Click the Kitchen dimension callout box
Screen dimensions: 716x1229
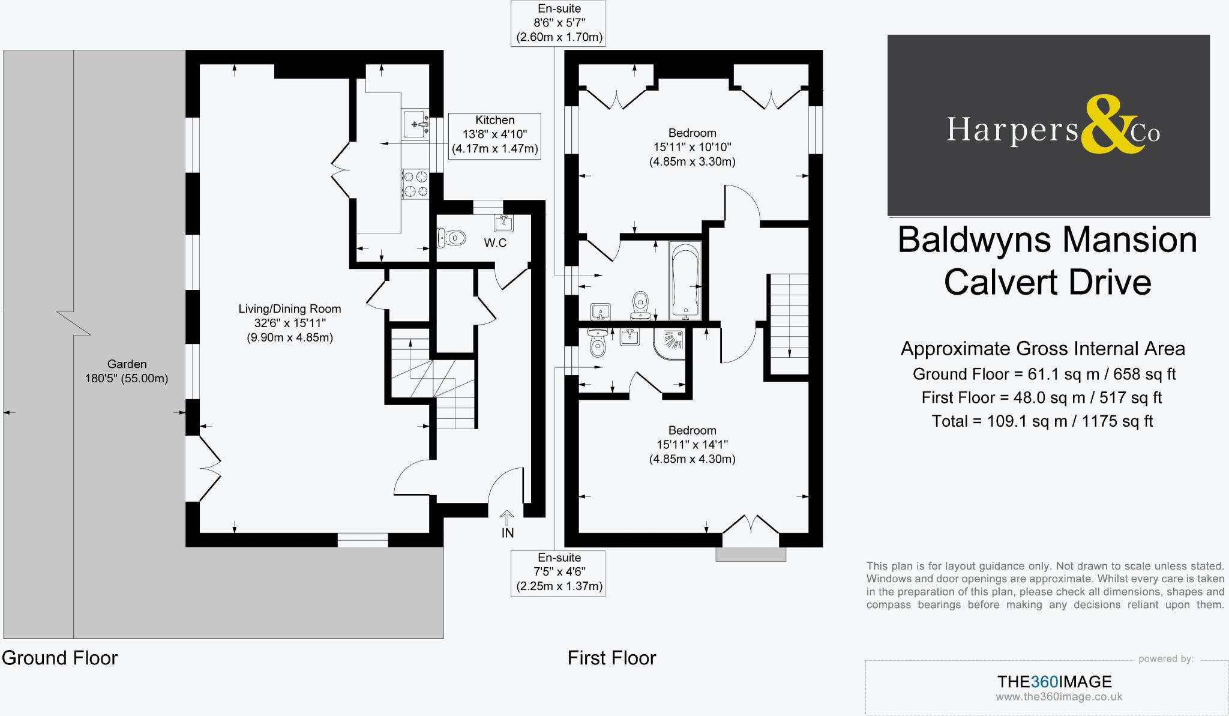(x=494, y=135)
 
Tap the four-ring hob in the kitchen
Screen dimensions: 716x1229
(x=415, y=184)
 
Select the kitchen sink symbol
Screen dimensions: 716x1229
(x=415, y=124)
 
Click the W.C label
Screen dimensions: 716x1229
(x=495, y=243)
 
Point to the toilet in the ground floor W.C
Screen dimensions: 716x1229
(x=451, y=238)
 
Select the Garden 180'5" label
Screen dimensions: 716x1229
(x=127, y=371)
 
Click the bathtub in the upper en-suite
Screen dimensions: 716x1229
(x=685, y=280)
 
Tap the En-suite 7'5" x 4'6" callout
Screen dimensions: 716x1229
(x=559, y=572)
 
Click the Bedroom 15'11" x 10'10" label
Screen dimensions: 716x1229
(x=692, y=147)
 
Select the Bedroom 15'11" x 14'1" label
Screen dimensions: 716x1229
(x=692, y=445)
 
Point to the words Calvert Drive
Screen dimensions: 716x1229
(x=1047, y=282)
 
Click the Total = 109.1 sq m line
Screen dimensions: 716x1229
(x=1042, y=421)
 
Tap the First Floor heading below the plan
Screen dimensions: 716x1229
(x=611, y=658)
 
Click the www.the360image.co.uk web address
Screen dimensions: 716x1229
(x=1059, y=697)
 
